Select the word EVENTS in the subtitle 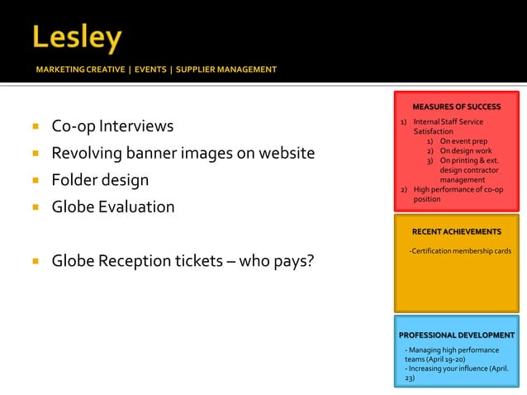point(149,69)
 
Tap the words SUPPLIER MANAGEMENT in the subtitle point(226,69)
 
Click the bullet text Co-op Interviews point(112,126)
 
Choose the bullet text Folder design point(100,179)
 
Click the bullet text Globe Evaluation point(113,207)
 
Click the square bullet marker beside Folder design point(36,180)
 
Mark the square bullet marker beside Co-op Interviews point(36,127)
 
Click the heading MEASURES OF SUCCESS point(456,107)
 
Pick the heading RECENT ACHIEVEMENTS point(457,231)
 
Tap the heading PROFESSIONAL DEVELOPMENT point(457,335)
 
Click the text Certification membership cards point(461,250)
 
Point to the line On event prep point(463,141)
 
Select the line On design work point(465,151)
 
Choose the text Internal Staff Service point(448,121)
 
